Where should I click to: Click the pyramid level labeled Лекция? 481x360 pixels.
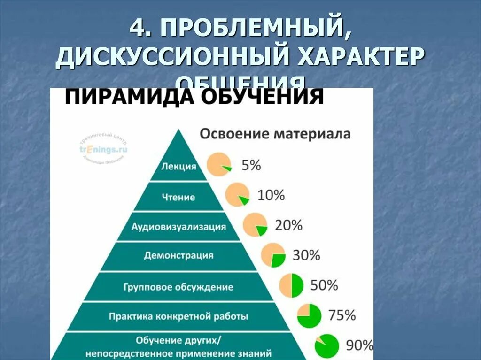tap(178, 167)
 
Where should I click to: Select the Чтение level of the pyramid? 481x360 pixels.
tap(179, 197)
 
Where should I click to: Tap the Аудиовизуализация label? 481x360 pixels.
tap(178, 227)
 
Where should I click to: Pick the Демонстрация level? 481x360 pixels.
tap(178, 256)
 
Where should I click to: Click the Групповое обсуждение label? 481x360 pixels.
tap(178, 286)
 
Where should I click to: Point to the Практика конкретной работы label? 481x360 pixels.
tap(178, 316)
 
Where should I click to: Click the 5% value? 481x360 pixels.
tap(251, 165)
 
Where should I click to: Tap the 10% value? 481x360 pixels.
tap(271, 195)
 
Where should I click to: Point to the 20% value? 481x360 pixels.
tap(288, 225)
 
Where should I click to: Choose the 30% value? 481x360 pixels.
tap(306, 255)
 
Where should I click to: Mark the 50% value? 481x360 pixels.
tap(324, 285)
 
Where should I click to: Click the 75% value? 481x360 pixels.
tap(341, 315)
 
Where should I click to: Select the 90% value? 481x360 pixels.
tap(359, 345)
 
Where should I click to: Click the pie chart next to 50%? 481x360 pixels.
tap(292, 286)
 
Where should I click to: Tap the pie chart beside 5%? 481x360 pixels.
tap(219, 165)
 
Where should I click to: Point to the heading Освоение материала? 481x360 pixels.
tap(275, 134)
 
